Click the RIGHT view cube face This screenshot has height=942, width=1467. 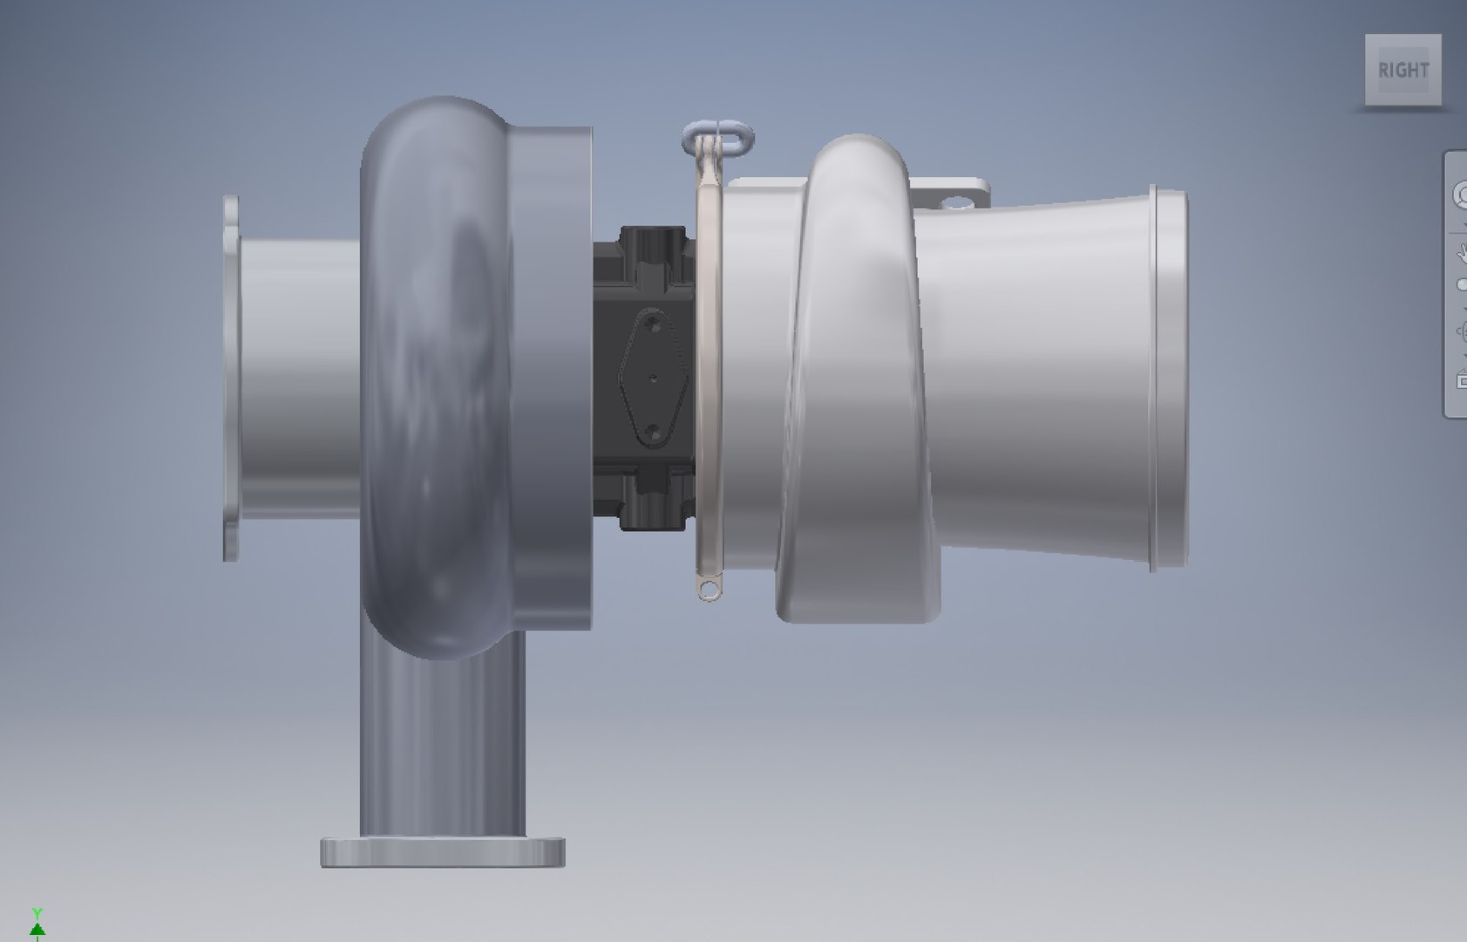1402,71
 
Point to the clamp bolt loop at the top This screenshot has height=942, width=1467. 719,138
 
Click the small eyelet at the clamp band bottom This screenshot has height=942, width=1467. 714,590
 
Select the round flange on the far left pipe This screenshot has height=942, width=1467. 231,378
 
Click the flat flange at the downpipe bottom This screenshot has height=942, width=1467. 442,851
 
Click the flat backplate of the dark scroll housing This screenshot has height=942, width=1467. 558,378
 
